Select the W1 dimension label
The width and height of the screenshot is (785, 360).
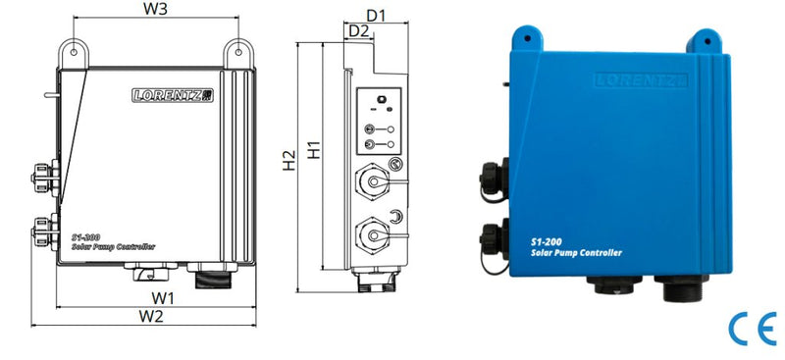[163, 296]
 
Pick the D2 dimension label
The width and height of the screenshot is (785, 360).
[359, 31]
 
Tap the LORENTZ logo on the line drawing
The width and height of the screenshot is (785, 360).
[173, 95]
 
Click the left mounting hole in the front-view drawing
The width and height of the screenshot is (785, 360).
[72, 46]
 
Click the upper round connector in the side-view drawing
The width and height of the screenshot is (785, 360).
[374, 182]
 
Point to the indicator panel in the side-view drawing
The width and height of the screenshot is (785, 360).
[378, 119]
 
